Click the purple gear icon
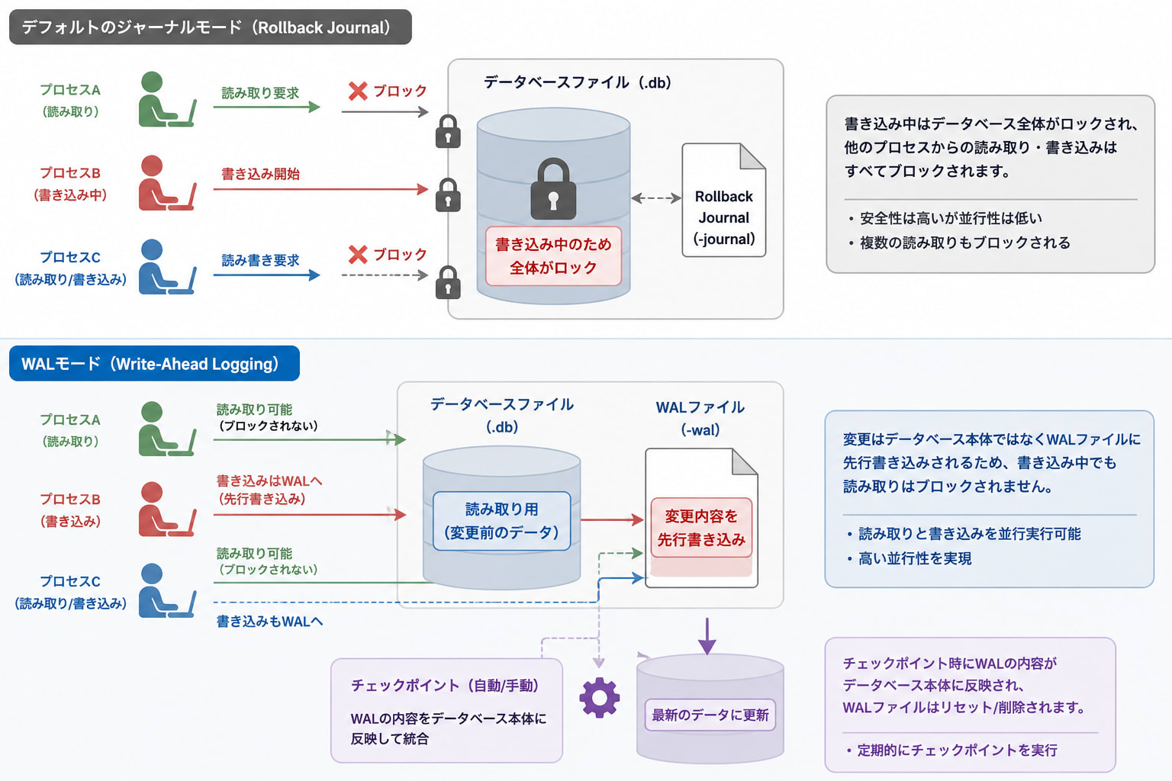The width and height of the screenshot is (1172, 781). pos(599,697)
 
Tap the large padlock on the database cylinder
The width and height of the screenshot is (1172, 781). pos(553,188)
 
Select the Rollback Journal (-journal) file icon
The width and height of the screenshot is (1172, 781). pos(724,200)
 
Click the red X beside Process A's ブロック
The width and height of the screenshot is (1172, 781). pos(358,91)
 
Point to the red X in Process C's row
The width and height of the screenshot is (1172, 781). pos(358,255)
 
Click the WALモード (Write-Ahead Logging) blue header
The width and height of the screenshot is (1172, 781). pos(154,364)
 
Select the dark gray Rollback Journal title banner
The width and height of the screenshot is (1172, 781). pos(211,27)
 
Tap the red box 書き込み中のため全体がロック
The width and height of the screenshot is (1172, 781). pos(553,256)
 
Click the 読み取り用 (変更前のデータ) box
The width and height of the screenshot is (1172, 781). pos(502,521)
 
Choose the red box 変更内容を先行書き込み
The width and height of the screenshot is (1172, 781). pos(701,528)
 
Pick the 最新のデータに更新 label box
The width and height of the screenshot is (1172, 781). pos(710,715)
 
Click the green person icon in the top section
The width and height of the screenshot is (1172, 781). pos(167,99)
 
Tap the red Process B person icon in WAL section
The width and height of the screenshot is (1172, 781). pos(167,509)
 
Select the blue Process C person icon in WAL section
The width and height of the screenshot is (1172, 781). pos(167,590)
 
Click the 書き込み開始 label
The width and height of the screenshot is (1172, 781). pos(260,174)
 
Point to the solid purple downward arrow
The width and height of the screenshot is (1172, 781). pos(707,636)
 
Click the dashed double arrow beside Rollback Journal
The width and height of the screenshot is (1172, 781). pos(656,198)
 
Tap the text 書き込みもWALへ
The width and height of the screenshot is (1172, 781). pos(269,622)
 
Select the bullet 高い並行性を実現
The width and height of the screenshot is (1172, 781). pos(910,559)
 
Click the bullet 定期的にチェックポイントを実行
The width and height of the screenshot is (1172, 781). pos(952,750)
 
